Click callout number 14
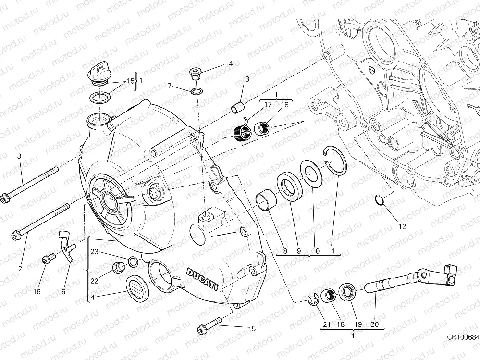click(x=229, y=63)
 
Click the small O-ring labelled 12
click(x=378, y=199)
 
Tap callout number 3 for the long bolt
click(x=19, y=156)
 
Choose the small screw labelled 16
click(x=47, y=260)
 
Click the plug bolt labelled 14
click(x=195, y=73)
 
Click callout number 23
click(x=94, y=251)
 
